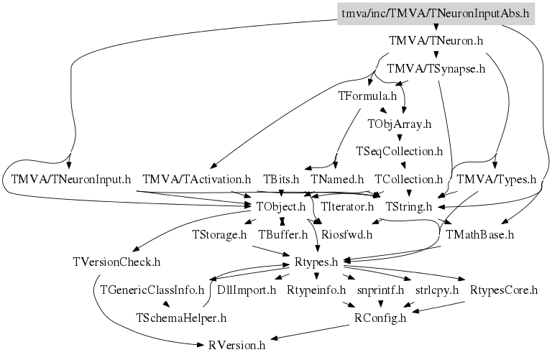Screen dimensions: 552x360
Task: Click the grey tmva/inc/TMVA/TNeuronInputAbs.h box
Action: coord(436,14)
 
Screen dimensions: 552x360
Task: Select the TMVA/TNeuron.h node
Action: coord(436,41)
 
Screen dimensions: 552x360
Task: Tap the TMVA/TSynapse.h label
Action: coord(436,68)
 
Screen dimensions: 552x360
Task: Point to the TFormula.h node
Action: coord(367,96)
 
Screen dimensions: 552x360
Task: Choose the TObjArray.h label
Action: coord(399,124)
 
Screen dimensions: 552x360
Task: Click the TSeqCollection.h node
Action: coord(399,152)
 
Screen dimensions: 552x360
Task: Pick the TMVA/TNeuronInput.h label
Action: coord(70,180)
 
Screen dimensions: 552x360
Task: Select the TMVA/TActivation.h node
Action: coord(197,180)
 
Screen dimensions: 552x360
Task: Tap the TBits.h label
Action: coord(281,180)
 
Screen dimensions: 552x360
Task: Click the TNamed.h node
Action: coord(337,180)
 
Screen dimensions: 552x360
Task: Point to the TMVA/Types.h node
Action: coord(497,180)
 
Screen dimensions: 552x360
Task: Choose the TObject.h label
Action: coord(280,206)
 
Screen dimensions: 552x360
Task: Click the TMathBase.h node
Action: coord(479,234)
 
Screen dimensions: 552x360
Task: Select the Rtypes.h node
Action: coord(316,262)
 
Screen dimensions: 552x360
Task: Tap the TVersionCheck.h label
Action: coord(116,262)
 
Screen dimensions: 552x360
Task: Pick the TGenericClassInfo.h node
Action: coord(152,290)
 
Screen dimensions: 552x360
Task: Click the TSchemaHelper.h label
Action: coord(181,318)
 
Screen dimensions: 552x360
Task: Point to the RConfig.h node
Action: coord(379,318)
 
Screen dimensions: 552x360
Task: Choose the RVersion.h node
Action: coord(236,345)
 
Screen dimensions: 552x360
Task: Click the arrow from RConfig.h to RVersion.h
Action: coord(310,332)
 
